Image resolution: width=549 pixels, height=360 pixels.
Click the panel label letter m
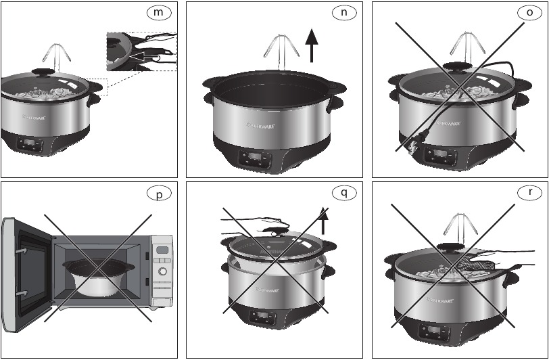click(x=159, y=14)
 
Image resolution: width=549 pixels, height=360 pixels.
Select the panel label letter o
click(x=529, y=14)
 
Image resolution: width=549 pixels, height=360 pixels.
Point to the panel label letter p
click(x=159, y=194)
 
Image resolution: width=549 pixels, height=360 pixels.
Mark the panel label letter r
click(x=529, y=194)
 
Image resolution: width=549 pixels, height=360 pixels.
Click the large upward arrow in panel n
click(x=311, y=45)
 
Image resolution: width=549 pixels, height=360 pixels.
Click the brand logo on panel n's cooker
click(x=259, y=125)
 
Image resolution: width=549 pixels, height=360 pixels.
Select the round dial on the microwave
click(x=162, y=272)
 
